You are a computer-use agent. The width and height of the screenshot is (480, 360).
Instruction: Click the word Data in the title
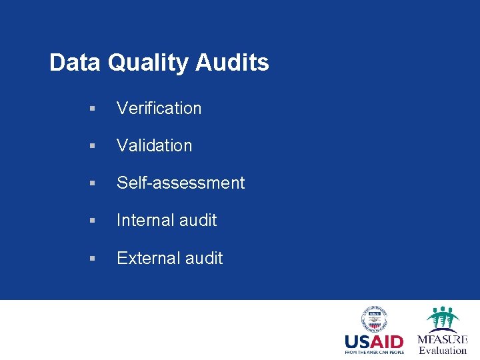(75, 63)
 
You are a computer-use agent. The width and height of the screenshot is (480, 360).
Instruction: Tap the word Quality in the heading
(147, 63)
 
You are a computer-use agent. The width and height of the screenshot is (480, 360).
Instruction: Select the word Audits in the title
(232, 63)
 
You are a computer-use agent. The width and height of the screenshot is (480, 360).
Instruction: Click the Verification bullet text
(159, 108)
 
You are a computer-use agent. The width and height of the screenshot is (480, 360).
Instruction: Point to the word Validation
(154, 145)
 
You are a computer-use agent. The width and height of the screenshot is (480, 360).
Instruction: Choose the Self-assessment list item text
(181, 183)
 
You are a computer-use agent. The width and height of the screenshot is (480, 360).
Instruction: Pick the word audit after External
(203, 258)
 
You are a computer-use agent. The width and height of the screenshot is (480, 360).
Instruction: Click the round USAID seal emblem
(374, 319)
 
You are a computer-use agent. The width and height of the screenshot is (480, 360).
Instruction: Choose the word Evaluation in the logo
(443, 350)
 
